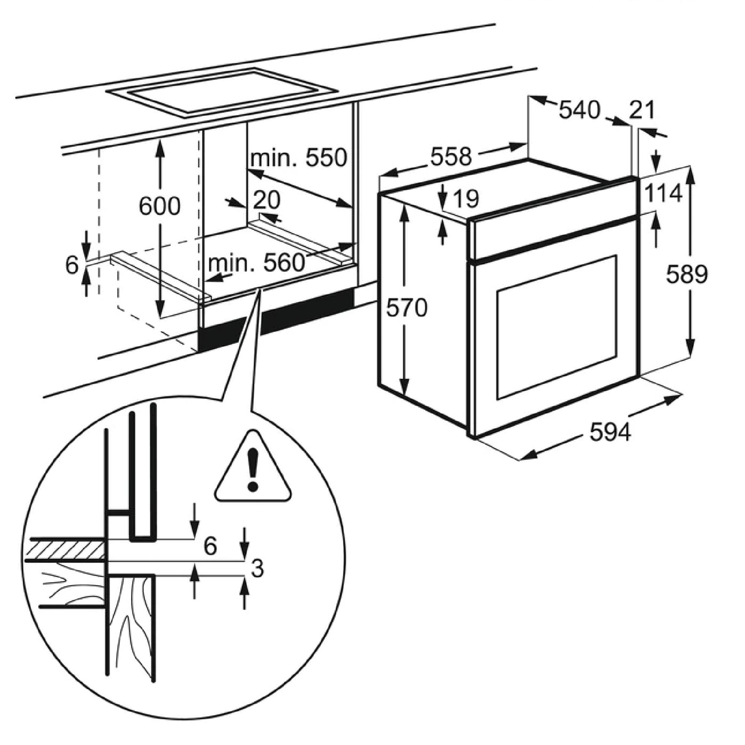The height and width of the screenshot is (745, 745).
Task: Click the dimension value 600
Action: (160, 206)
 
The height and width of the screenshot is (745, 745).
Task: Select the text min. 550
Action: (299, 158)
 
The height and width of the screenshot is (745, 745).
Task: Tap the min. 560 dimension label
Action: (256, 263)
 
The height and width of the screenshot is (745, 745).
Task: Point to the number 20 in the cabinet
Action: (267, 200)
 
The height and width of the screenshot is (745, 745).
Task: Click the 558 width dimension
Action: (451, 156)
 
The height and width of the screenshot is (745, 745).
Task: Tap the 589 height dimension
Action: (687, 275)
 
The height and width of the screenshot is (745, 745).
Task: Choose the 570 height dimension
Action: (407, 308)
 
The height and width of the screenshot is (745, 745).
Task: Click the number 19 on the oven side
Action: (466, 199)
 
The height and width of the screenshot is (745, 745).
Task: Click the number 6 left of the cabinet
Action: (72, 265)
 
